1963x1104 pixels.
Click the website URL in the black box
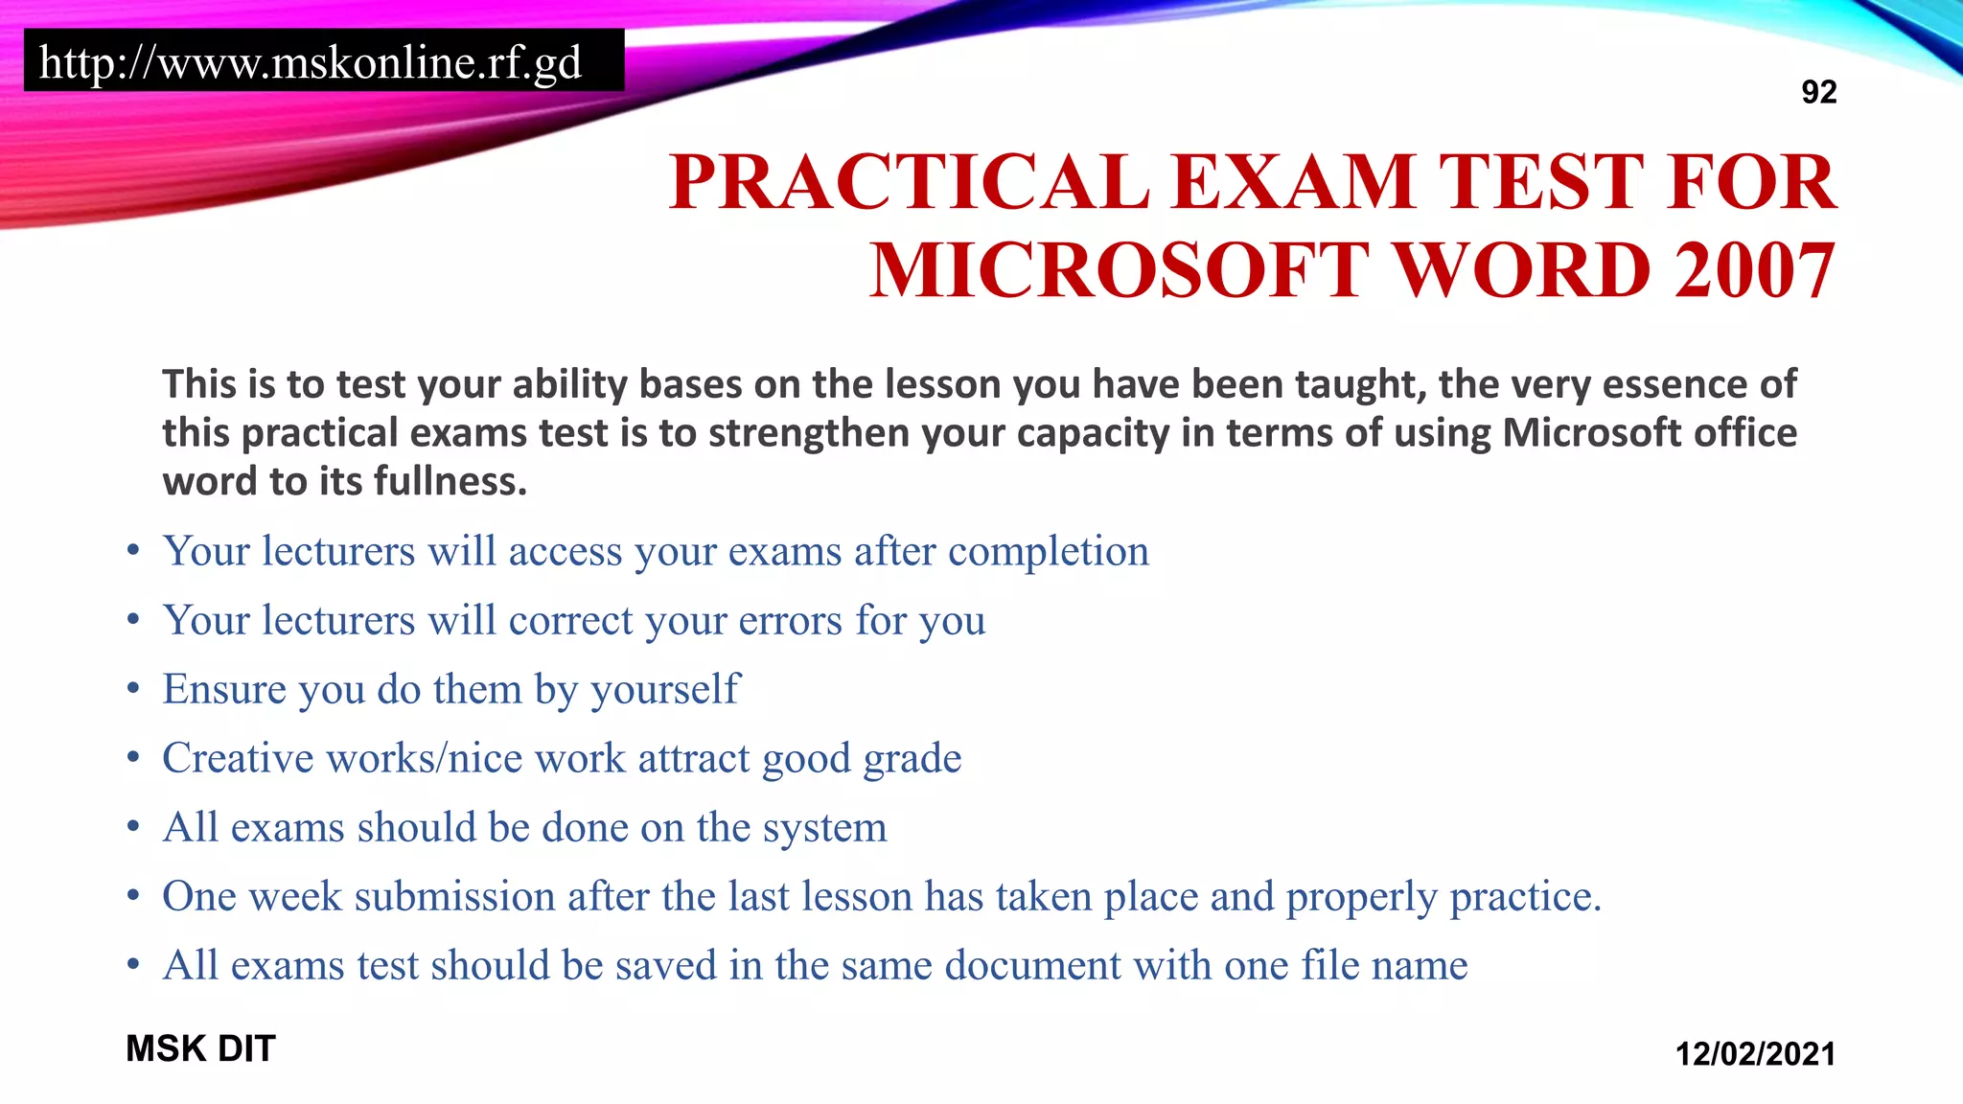click(311, 62)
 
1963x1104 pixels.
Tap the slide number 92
click(1818, 92)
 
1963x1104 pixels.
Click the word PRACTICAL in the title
click(910, 182)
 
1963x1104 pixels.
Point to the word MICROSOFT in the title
click(1120, 270)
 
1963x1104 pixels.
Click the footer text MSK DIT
click(200, 1048)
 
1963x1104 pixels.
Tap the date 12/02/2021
click(1755, 1054)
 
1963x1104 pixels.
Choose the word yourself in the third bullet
click(665, 689)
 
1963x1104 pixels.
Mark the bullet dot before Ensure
click(133, 689)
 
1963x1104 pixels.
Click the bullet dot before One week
click(133, 896)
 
